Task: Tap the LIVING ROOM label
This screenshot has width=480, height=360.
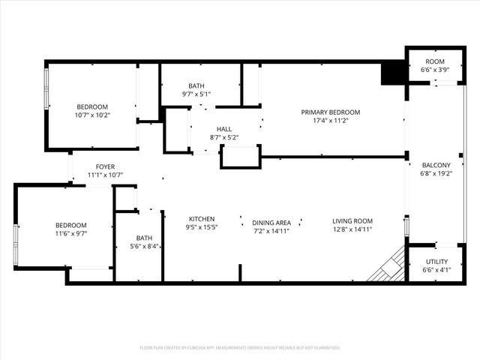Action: coord(352,221)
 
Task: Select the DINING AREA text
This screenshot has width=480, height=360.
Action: coord(271,222)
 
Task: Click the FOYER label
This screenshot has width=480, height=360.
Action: coord(105,166)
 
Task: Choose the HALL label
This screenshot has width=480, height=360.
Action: coord(224,129)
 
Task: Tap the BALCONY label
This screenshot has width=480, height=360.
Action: coord(436,165)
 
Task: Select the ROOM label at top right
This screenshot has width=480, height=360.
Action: coord(435,61)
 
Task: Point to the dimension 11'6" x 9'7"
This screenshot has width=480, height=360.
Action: coord(71,234)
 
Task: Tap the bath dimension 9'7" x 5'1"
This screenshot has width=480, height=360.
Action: coord(196,94)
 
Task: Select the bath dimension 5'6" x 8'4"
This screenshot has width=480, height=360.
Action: coord(144,246)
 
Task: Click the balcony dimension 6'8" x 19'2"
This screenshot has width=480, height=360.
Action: coord(436,174)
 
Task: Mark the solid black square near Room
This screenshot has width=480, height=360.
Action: coord(392,73)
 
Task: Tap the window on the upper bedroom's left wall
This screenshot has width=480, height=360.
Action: coord(46,90)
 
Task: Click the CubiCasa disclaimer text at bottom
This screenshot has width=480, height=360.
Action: coord(240,348)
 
